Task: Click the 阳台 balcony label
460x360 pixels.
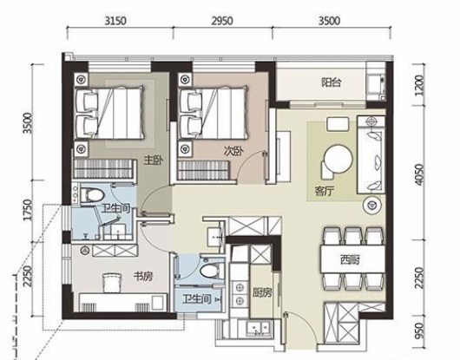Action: (332, 82)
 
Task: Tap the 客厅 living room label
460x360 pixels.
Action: (325, 191)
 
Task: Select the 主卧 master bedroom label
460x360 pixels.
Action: (153, 160)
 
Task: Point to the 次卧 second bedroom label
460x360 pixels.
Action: (233, 151)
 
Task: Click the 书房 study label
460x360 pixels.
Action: (143, 276)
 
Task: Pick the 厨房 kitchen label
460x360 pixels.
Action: (262, 292)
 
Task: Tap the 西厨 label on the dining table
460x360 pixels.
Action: (350, 259)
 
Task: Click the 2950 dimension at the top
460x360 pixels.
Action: (222, 21)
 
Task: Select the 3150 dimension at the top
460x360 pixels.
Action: (115, 21)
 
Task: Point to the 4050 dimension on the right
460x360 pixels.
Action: (420, 174)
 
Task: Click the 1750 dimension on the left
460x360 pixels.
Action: (28, 210)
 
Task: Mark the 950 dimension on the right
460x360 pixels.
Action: (420, 331)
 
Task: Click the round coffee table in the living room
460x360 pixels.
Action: (338, 160)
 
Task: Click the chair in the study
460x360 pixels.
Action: (112, 283)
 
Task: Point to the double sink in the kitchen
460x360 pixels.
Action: (258, 328)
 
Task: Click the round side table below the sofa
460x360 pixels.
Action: (372, 206)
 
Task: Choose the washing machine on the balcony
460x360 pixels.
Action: (375, 83)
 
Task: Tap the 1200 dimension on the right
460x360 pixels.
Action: (420, 85)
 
